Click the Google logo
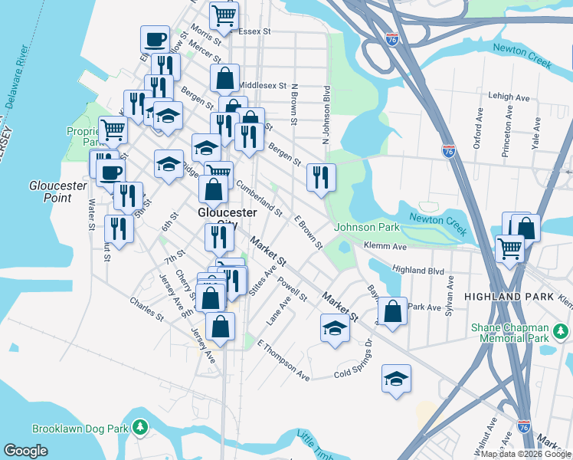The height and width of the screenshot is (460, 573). [x=26, y=451]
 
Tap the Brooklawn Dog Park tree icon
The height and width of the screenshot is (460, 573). [x=140, y=426]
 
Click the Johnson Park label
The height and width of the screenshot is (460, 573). [x=367, y=228]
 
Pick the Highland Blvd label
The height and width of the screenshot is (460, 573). [x=418, y=270]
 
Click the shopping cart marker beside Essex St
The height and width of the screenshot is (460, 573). [x=224, y=15]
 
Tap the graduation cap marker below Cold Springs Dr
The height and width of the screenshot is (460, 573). [x=396, y=379]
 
